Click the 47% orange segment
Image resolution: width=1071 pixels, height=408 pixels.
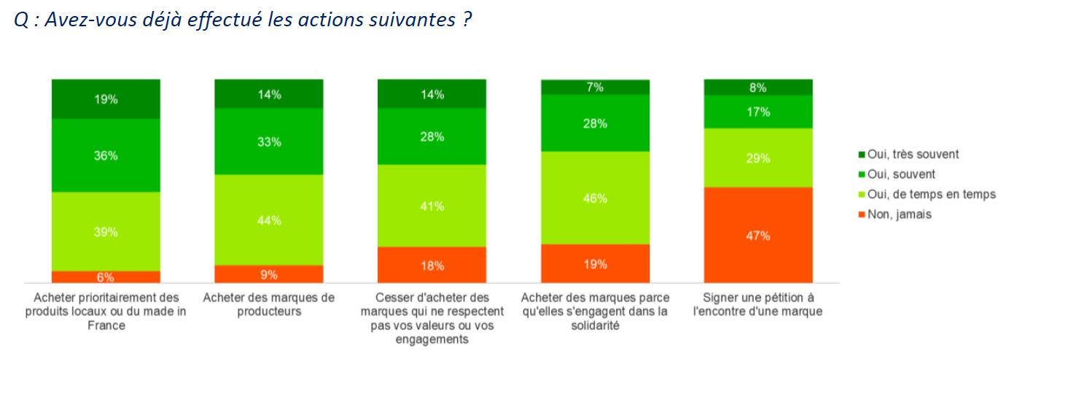[758, 235]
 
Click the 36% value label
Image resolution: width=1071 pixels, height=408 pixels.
[106, 155]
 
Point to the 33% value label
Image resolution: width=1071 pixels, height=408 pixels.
[269, 142]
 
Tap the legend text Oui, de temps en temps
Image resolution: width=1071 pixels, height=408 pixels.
[931, 194]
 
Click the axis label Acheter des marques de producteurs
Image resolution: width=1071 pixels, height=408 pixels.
[269, 304]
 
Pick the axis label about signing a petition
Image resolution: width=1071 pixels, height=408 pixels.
[758, 304]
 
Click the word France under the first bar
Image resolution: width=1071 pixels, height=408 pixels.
[106, 326]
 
